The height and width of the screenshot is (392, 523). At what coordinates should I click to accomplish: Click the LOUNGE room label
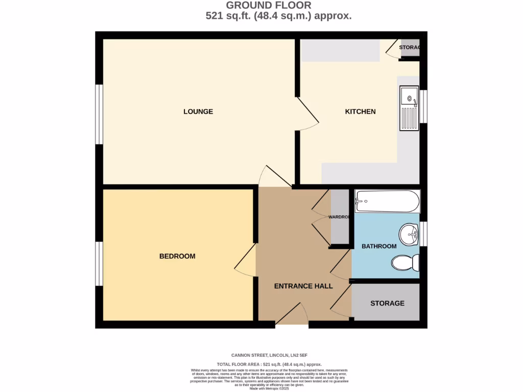pos(198,112)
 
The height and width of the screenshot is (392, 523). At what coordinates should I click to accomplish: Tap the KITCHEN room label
pos(360,112)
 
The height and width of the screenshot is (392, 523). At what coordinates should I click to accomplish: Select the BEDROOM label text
pos(177,256)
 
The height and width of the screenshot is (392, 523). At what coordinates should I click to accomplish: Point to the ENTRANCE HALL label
pos(303,286)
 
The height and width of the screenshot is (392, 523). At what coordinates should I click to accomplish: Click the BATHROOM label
pos(379,247)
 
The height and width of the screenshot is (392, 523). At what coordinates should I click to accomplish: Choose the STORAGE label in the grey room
pos(387,303)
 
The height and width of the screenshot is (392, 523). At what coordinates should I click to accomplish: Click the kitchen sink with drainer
pos(409,109)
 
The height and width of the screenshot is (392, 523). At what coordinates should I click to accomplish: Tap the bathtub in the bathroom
pos(388,201)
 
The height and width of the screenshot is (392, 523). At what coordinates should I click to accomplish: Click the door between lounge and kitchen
pos(308,113)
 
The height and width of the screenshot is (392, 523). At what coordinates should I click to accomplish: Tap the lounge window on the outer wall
pos(100,114)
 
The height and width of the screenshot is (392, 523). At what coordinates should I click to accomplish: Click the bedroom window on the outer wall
pos(100,263)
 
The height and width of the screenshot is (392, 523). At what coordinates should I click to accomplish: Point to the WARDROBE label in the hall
pos(340,217)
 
